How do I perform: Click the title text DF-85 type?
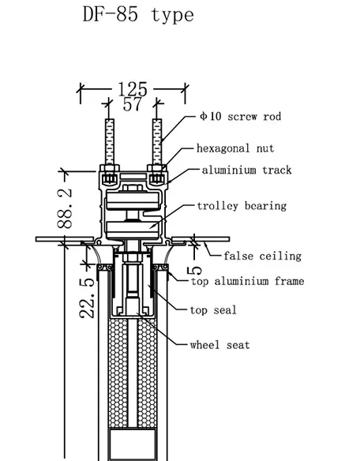point(138,15)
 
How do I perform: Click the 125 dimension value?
point(133,88)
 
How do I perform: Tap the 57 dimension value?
point(132,104)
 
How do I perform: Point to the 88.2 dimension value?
point(65,208)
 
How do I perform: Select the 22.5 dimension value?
point(87,298)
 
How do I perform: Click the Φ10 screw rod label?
point(240,116)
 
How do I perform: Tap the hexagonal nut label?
point(235,148)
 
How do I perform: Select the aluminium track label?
point(247,170)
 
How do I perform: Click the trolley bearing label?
point(242,206)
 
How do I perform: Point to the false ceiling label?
point(263,256)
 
